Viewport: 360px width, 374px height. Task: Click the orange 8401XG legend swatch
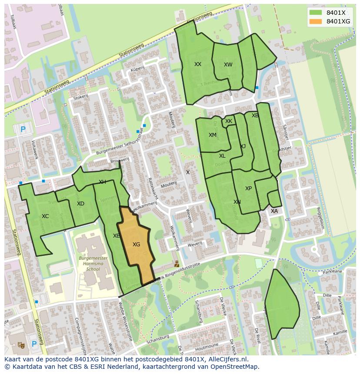tap(316, 21)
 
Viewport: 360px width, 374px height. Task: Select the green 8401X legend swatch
tap(316, 13)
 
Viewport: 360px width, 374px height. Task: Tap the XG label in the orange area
tap(136, 245)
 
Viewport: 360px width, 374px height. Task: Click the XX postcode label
tap(198, 64)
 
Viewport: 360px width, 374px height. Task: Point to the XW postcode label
tap(228, 65)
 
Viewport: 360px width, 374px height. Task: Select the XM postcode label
tap(212, 135)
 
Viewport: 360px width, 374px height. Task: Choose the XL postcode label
tap(222, 156)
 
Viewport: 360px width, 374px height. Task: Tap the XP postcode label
tap(248, 189)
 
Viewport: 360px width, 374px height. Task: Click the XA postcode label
tap(274, 211)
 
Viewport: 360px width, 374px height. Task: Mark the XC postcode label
tap(45, 216)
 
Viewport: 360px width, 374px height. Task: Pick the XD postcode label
tap(80, 204)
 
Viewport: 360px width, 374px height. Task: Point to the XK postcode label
tap(229, 122)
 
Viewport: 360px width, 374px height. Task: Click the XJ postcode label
tap(243, 146)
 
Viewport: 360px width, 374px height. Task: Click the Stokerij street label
tap(81, 98)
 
